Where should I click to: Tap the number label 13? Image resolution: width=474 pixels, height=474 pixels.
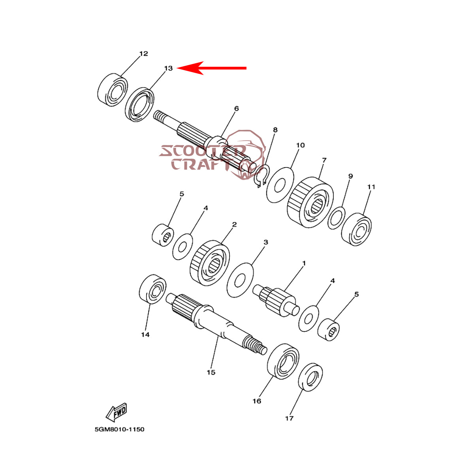click(168, 68)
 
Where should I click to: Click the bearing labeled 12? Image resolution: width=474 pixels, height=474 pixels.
click(113, 90)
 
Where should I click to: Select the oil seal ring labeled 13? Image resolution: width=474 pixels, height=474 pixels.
click(139, 105)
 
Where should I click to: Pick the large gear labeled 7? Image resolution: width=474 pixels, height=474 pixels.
click(310, 202)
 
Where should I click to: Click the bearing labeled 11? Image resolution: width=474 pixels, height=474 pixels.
click(356, 229)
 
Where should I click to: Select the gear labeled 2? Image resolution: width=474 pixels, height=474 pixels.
click(210, 263)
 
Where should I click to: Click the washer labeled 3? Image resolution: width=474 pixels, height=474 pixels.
click(240, 280)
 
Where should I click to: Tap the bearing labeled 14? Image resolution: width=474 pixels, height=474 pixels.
click(152, 289)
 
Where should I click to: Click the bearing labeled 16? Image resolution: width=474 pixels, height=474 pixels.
click(283, 361)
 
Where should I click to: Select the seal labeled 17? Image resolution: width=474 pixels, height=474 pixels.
click(310, 377)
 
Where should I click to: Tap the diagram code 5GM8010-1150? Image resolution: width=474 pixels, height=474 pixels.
click(119, 429)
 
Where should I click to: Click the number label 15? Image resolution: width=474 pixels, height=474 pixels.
click(211, 372)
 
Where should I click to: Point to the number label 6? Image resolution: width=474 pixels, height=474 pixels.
click(236, 108)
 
